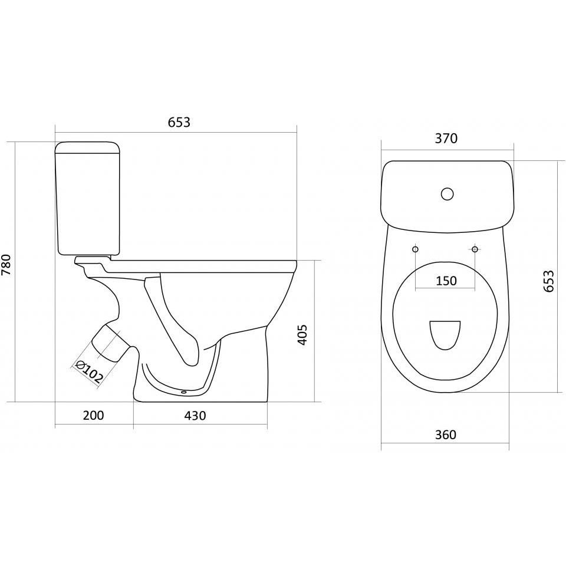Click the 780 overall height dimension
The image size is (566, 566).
point(7,264)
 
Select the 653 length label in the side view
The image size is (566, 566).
point(179,123)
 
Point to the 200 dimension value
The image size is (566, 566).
point(94,416)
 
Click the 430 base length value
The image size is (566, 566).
point(195,416)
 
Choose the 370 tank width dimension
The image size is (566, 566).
point(446,138)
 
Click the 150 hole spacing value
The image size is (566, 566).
point(446,281)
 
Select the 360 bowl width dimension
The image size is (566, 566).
point(446,435)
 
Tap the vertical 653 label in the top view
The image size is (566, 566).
point(548,281)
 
